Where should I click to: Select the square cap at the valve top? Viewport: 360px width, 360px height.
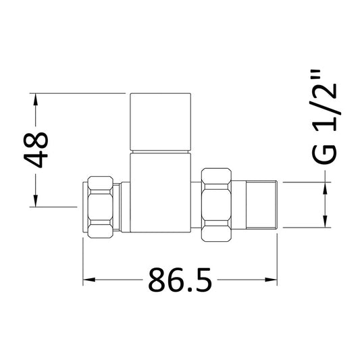[x=163, y=122]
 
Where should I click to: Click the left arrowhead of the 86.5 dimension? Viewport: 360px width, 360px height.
[x=88, y=279]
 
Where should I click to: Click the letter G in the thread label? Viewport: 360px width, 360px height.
[x=325, y=152]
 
